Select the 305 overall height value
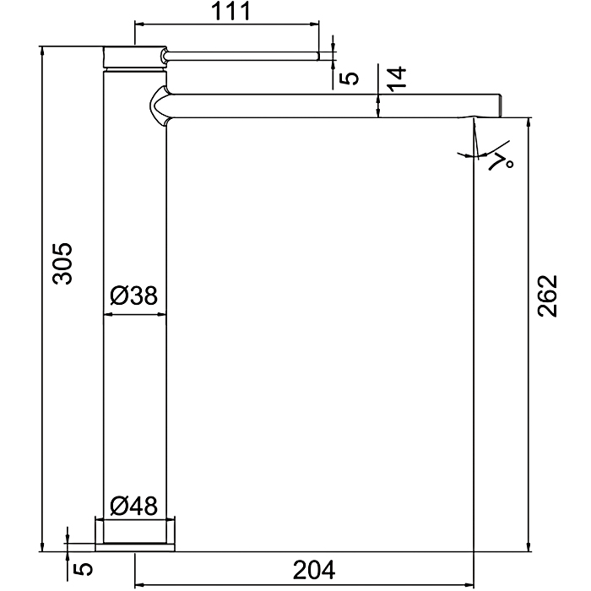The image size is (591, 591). (x=62, y=263)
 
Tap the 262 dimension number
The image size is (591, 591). (x=548, y=295)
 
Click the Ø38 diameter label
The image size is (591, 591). (x=134, y=295)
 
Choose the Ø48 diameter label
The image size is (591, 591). (x=134, y=506)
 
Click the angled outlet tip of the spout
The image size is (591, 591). (x=498, y=105)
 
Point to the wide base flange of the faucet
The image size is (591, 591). (x=134, y=534)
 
